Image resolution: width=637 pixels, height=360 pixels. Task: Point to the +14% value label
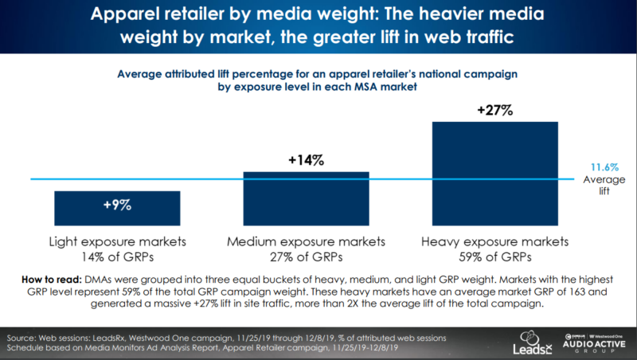(306, 161)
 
